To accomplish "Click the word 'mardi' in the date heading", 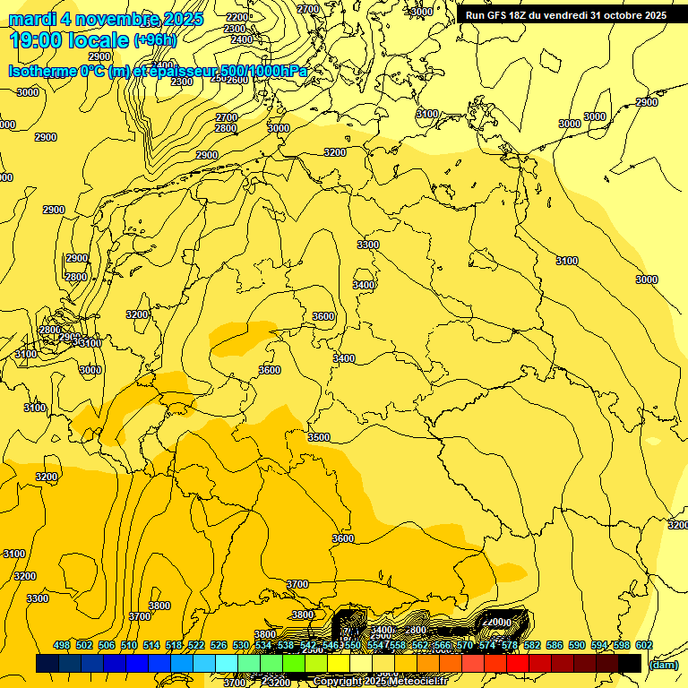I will [32, 19].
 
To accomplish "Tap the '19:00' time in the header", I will [36, 39].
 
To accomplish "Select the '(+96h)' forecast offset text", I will [155, 39].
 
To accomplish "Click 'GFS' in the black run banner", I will [500, 15].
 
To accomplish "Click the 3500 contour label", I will [318, 437].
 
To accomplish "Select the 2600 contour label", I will [237, 80].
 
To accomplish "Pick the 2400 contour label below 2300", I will [241, 39].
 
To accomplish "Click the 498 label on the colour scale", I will [62, 645].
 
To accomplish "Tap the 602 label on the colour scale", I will [643, 645].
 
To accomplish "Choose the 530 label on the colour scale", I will [241, 645].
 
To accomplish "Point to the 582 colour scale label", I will [532, 645].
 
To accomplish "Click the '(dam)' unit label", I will [663, 665].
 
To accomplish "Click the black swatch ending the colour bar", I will [630, 663].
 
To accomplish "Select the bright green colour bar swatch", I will [294, 663].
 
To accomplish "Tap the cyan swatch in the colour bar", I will [227, 663].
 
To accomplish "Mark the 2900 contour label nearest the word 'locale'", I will [99, 56].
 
